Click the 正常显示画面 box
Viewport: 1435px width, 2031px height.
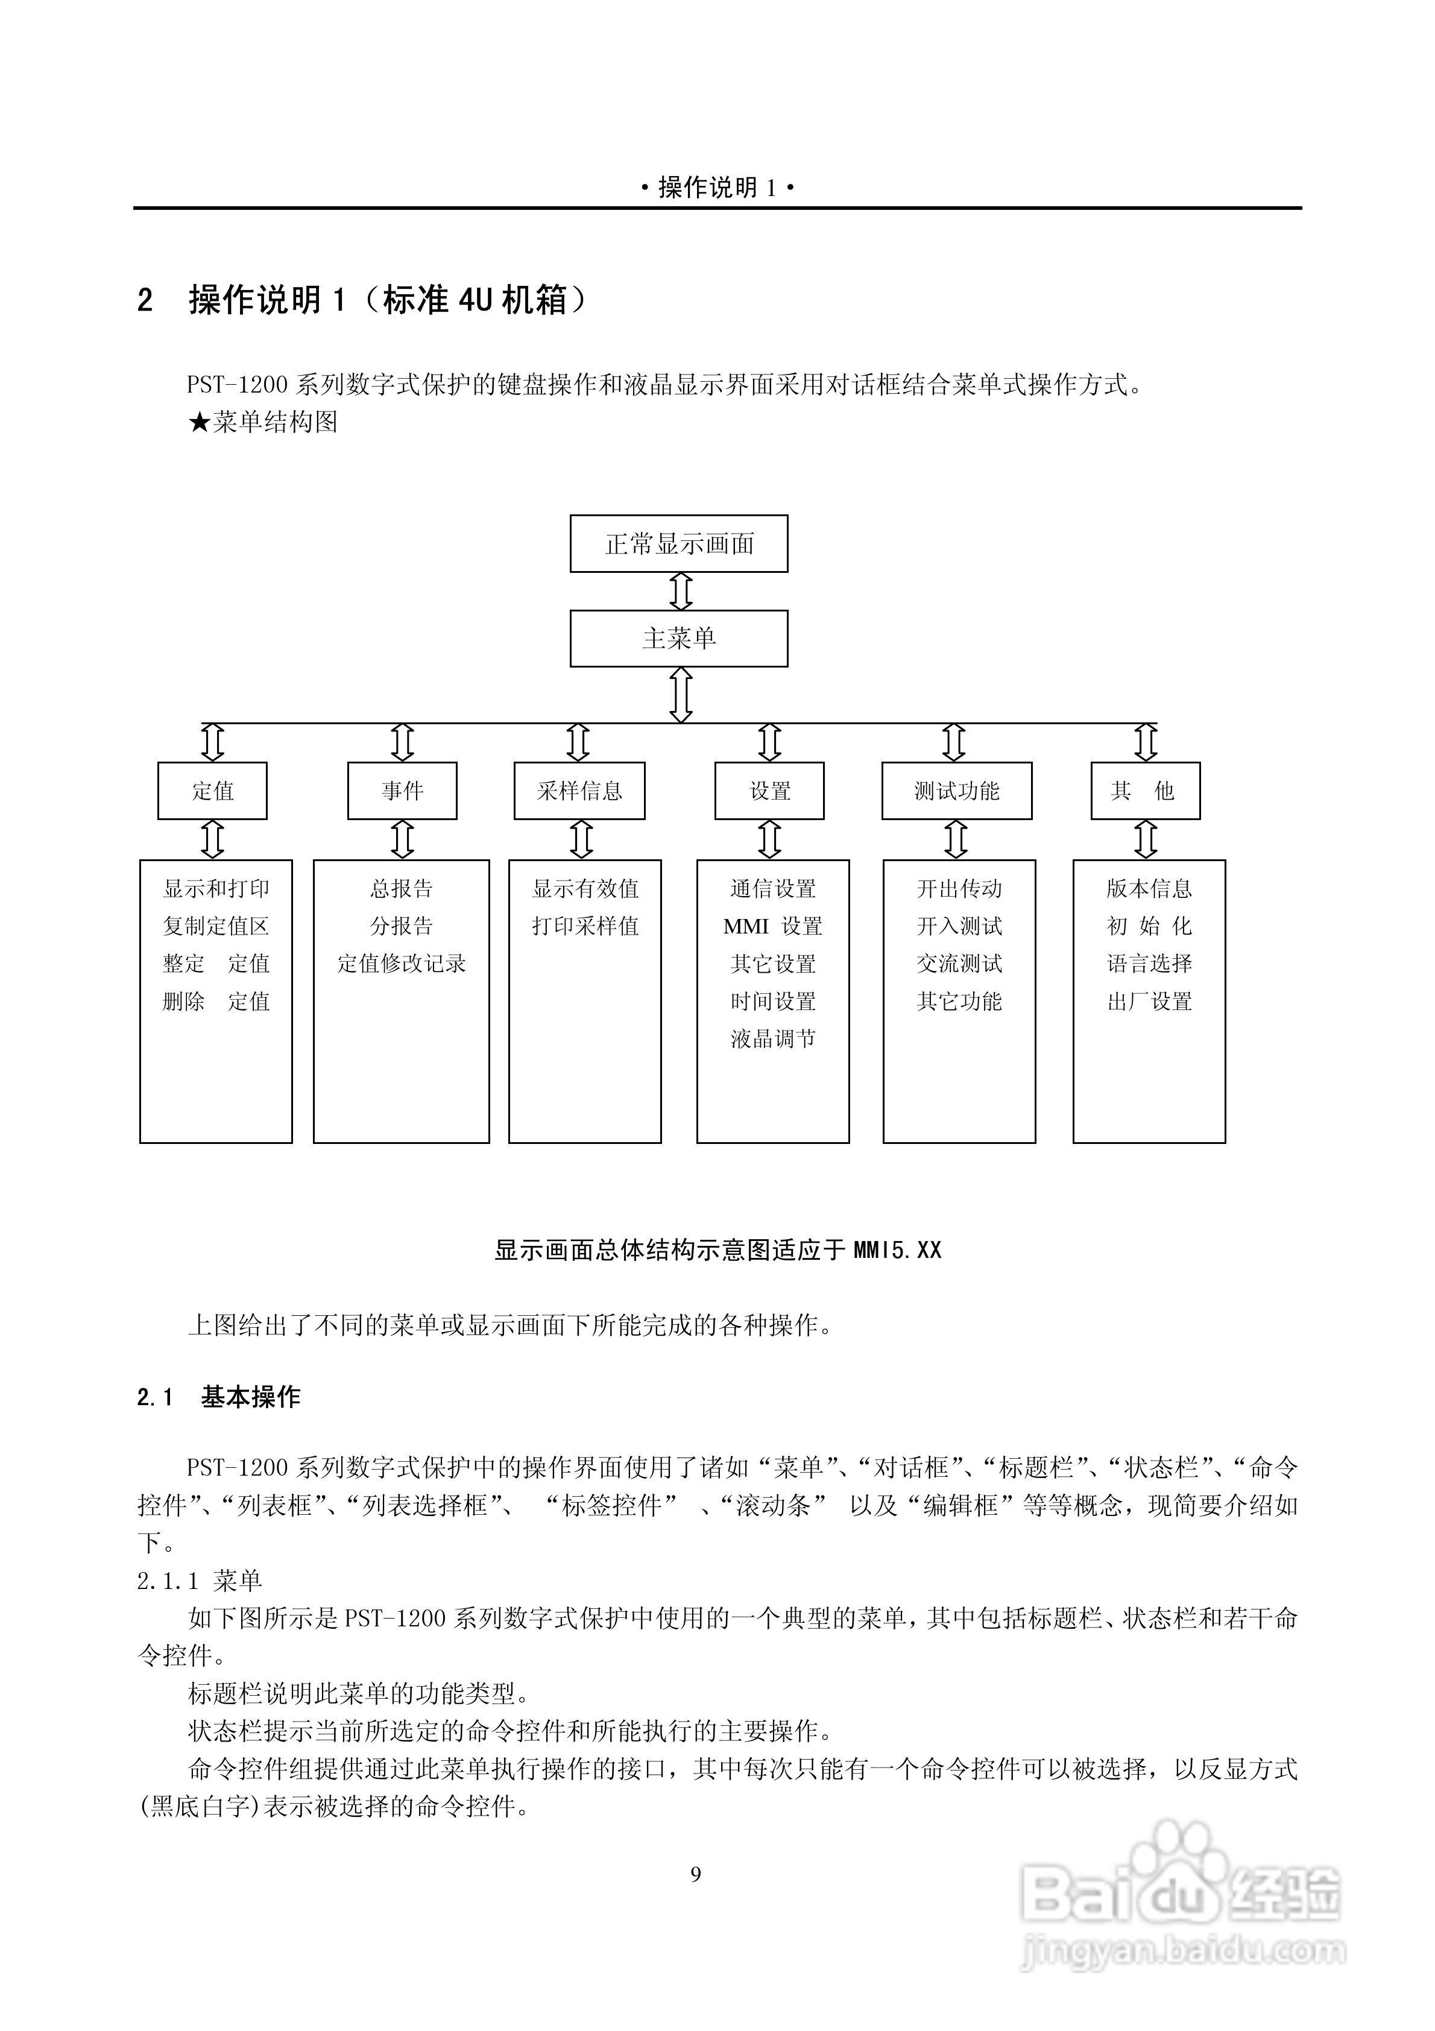(678, 543)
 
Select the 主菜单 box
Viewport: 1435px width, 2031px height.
(678, 638)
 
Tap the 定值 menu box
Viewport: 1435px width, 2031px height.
(212, 790)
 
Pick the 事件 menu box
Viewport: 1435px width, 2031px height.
(403, 790)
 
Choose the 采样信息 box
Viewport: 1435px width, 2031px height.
(579, 790)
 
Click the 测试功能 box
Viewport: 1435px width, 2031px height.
(956, 790)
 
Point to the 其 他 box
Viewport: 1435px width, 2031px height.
(1145, 790)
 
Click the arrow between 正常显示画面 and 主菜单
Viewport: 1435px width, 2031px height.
(680, 591)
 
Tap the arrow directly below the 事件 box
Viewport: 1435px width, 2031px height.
(403, 839)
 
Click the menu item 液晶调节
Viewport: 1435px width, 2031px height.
(773, 1038)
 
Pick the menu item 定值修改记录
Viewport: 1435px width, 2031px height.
(402, 963)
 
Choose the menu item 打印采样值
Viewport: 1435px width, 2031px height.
(585, 926)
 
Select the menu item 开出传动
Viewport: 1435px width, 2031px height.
(959, 888)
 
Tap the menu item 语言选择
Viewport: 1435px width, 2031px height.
(1149, 963)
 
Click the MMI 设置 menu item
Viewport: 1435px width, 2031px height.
(773, 926)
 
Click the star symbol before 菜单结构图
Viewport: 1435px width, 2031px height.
(199, 422)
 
